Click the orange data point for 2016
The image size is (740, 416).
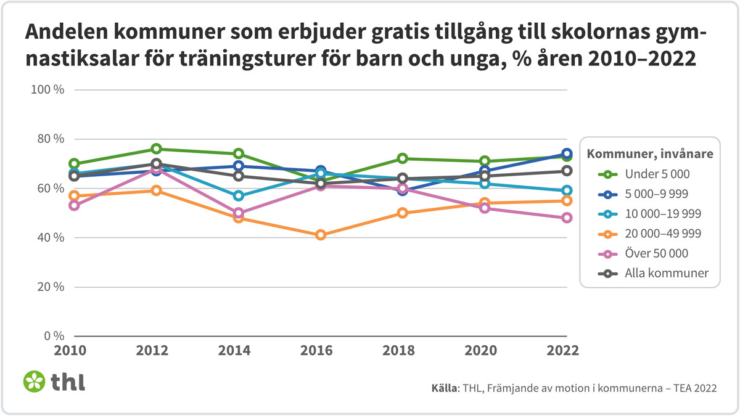pos(321,235)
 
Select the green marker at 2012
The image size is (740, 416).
pos(156,149)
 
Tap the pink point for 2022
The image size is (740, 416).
pos(567,218)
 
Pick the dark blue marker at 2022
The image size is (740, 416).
pos(567,154)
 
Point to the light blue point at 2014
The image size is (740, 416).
pos(238,196)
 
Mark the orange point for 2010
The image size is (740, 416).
pos(74,196)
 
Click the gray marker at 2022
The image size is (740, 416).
pos(567,171)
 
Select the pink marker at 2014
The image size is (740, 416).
pos(238,213)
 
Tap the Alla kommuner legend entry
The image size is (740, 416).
pos(664,273)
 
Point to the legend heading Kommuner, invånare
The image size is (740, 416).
pos(650,153)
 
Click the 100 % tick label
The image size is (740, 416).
pos(47,90)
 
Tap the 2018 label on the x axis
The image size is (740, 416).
pos(403,350)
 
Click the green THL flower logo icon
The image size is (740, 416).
pos(34,381)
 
